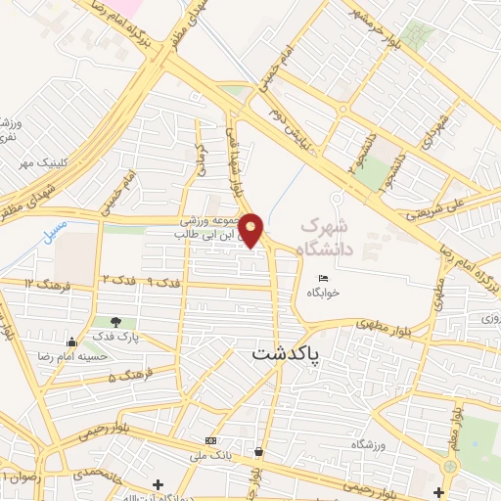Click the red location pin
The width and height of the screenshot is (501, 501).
[251, 229]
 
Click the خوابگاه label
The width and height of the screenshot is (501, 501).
[323, 293]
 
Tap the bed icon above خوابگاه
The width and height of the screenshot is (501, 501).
[324, 280]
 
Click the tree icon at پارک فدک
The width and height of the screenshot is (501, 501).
[117, 322]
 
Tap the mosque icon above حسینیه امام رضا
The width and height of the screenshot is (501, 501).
[70, 342]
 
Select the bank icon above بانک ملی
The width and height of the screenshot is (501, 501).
[211, 440]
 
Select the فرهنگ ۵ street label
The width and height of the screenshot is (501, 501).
[125, 377]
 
